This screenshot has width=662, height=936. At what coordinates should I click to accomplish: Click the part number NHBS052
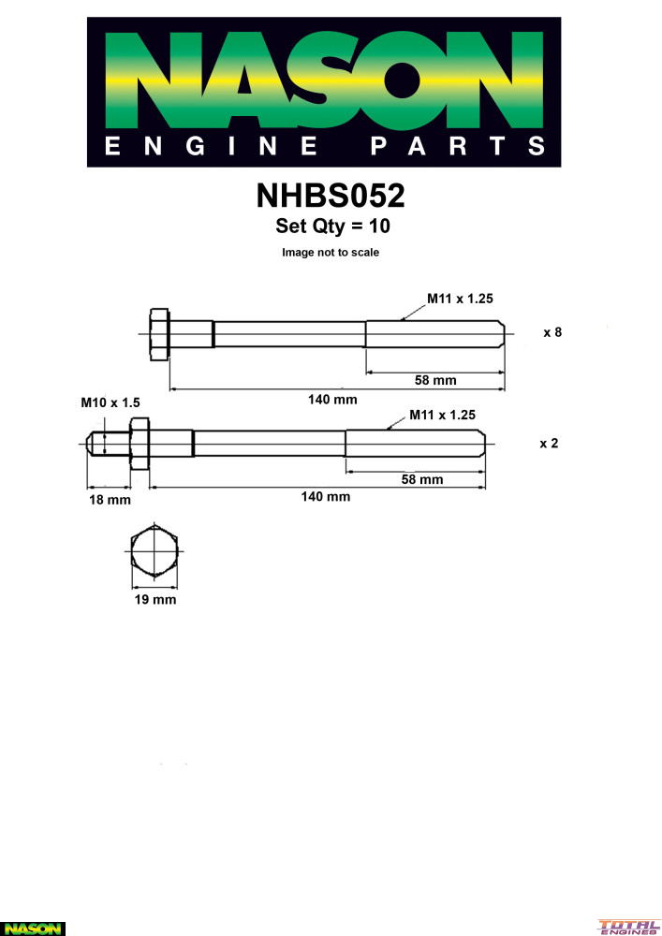click(x=331, y=196)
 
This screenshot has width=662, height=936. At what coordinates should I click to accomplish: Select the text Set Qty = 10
click(x=332, y=226)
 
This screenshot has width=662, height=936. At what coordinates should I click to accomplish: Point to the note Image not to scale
click(x=331, y=253)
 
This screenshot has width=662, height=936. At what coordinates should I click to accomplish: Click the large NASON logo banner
click(x=324, y=92)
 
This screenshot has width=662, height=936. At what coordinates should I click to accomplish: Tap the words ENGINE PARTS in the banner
click(x=324, y=146)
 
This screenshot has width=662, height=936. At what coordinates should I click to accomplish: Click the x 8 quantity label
click(x=552, y=332)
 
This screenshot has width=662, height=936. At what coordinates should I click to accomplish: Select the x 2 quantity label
click(x=549, y=444)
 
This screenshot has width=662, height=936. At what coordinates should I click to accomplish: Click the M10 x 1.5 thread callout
click(x=110, y=402)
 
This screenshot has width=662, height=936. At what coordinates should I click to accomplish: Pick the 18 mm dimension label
click(x=110, y=500)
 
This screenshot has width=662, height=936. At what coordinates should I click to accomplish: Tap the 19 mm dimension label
click(x=155, y=600)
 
